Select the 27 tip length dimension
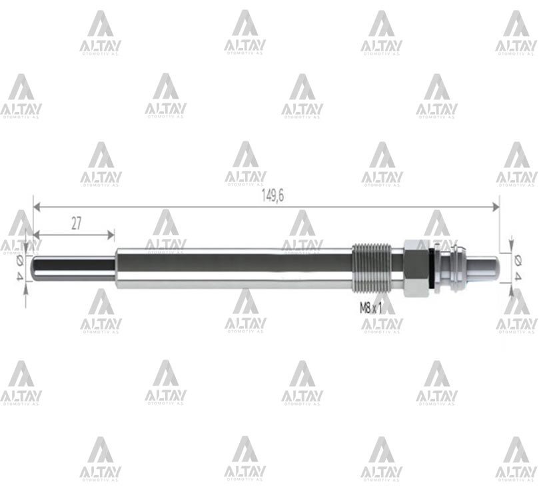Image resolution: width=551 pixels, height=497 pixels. click(76, 223)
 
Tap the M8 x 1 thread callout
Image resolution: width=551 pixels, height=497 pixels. click(371, 308)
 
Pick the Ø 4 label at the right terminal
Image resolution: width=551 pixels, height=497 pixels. click(518, 267)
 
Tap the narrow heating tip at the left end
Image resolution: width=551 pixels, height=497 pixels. click(73, 268)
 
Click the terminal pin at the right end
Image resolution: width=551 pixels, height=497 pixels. click(484, 267)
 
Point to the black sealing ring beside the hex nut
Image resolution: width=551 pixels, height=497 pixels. click(434, 268)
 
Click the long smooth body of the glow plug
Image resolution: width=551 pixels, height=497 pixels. click(233, 268)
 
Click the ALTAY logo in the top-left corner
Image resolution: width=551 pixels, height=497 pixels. click(101, 32)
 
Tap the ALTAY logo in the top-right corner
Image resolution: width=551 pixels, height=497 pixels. click(516, 32)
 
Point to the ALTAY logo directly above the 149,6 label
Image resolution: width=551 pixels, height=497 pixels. click(245, 163)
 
